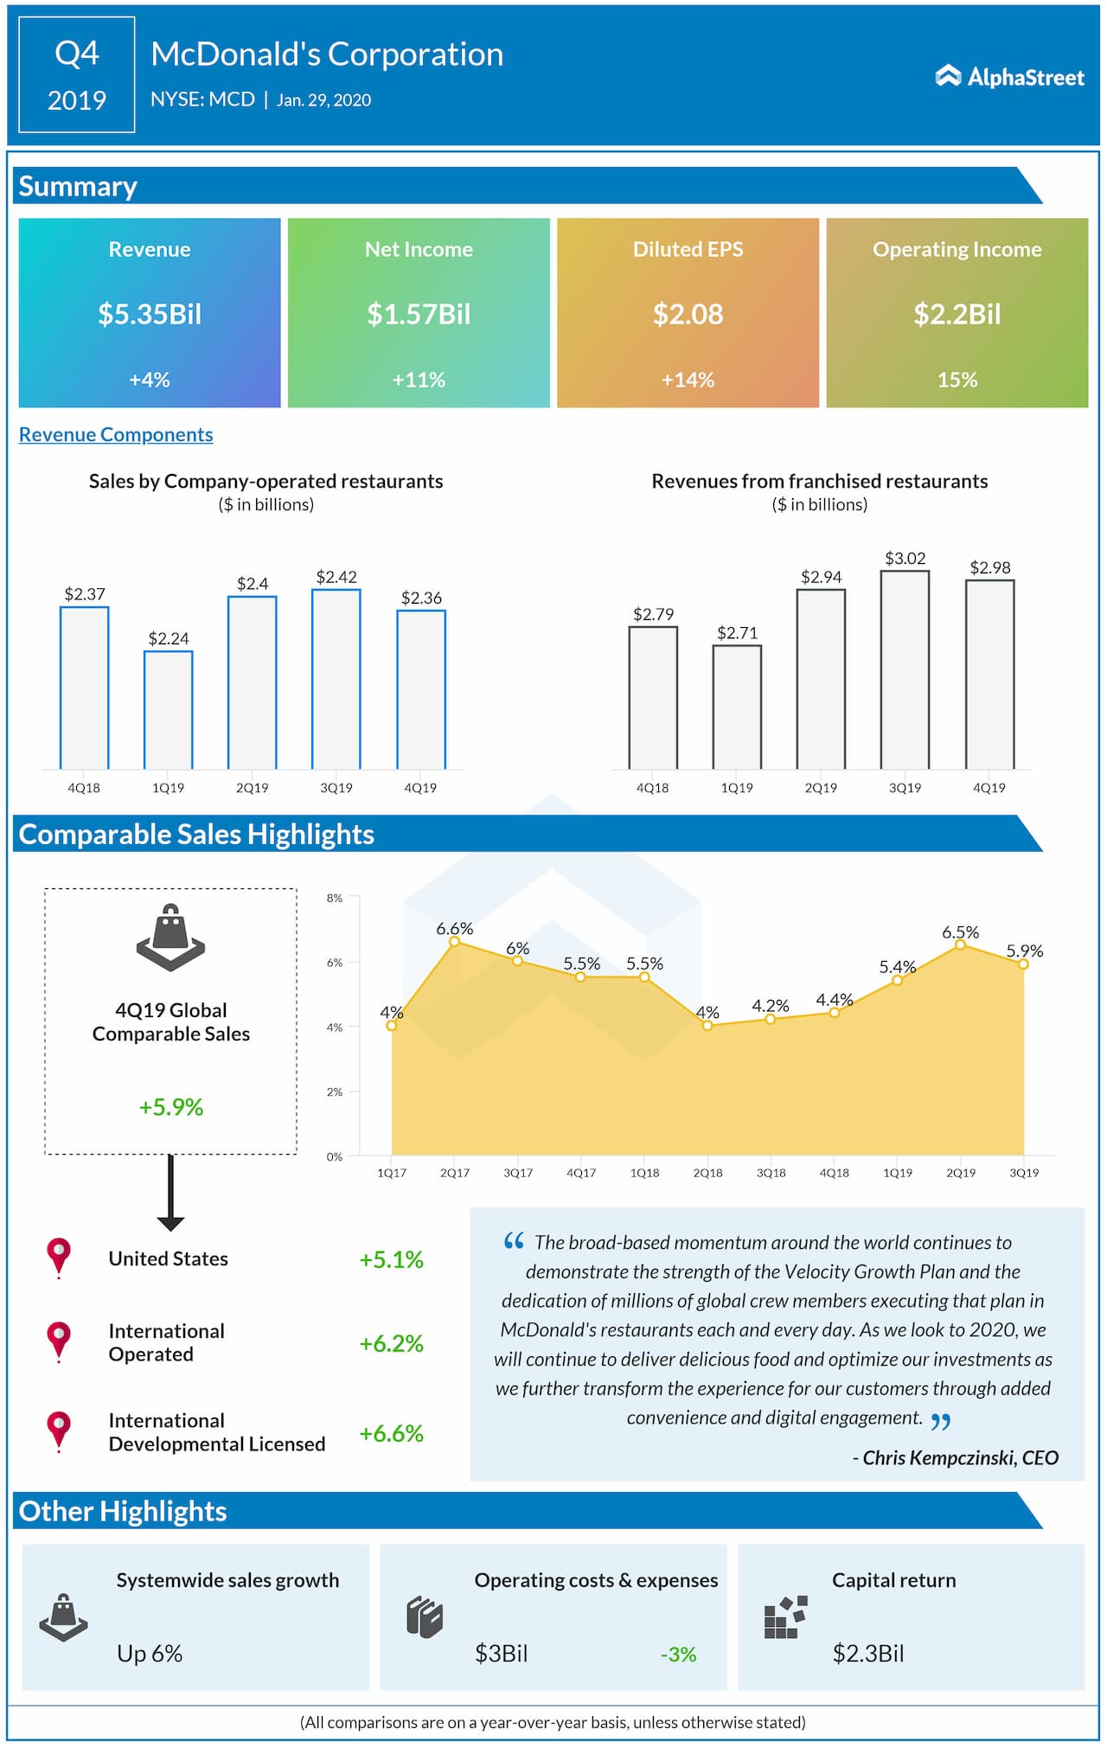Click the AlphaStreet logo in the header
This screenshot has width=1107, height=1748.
click(x=1009, y=77)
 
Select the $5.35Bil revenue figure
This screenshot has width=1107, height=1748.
click(x=150, y=314)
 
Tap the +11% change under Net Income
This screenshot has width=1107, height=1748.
click(x=419, y=380)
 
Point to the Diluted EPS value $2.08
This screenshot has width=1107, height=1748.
click(x=688, y=314)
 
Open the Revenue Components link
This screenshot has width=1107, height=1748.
click(x=116, y=434)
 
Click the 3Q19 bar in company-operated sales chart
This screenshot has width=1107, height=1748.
click(x=336, y=679)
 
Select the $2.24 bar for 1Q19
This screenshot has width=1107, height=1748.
click(x=169, y=710)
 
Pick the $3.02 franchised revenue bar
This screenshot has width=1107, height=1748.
click(x=905, y=669)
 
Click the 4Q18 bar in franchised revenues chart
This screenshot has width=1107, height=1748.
click(x=653, y=697)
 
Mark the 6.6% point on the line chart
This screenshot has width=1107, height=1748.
click(x=455, y=941)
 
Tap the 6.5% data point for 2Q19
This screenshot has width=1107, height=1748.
click(x=960, y=944)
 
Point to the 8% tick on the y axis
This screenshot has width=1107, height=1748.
click(x=335, y=898)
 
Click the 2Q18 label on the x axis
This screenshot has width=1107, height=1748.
click(x=707, y=1173)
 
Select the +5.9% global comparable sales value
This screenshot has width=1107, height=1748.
click(x=171, y=1107)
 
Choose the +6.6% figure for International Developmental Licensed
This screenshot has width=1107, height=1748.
click(x=392, y=1433)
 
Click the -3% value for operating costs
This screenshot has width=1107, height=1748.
click(x=679, y=1654)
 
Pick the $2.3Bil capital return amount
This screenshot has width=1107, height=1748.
click(x=868, y=1653)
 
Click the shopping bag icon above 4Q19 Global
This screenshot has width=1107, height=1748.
click(x=170, y=938)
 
